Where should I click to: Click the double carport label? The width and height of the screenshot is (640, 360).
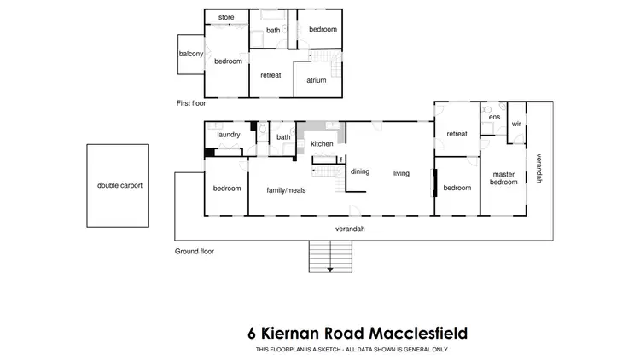(x=119, y=185)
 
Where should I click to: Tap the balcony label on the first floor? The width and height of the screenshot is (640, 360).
(x=190, y=54)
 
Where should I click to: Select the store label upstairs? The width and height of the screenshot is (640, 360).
(x=226, y=17)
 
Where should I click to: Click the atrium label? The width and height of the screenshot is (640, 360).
(x=311, y=81)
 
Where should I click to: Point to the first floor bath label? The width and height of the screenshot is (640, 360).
(x=273, y=30)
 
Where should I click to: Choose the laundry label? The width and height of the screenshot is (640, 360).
(x=228, y=135)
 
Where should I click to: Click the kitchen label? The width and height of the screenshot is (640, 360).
(x=322, y=143)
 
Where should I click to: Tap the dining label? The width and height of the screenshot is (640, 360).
(x=360, y=171)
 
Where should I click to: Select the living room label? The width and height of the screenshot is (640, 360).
(x=401, y=173)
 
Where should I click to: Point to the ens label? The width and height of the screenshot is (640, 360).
(x=494, y=118)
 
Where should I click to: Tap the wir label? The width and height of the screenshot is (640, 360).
(x=516, y=124)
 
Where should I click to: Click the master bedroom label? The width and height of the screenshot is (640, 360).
(x=503, y=178)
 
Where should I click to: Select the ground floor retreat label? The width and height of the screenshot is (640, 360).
(x=457, y=134)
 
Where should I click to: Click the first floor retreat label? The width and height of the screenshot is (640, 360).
(x=271, y=75)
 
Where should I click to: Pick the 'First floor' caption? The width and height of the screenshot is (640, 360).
(x=191, y=102)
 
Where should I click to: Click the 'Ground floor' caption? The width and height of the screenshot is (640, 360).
(x=195, y=252)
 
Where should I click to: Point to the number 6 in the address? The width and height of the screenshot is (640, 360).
(x=252, y=332)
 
